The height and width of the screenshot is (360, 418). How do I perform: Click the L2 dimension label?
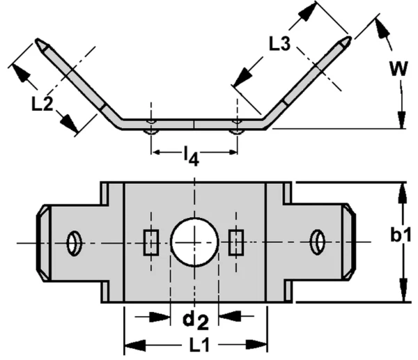tap(42, 104)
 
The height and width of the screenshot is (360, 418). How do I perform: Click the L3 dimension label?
tap(280, 43)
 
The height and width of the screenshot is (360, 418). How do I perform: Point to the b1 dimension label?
tap(401, 235)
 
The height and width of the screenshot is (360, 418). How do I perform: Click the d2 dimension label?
tap(194, 320)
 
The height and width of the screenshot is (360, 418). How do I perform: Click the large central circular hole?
tap(195, 242)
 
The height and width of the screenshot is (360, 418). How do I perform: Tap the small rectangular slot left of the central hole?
tap(150, 242)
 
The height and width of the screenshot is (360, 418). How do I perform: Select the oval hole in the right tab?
tap(317, 242)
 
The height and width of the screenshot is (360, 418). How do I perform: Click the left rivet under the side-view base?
tap(151, 130)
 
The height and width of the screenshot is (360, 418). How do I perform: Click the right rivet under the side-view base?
tap(238, 130)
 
